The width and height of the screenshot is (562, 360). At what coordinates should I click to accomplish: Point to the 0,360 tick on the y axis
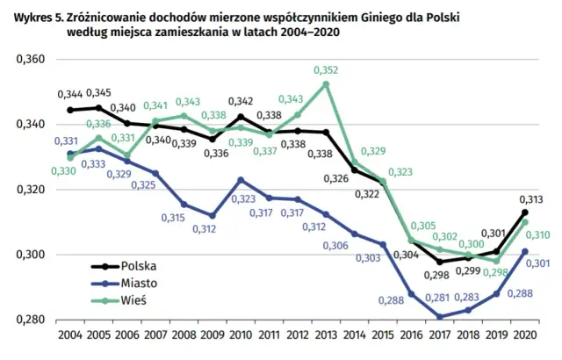30,60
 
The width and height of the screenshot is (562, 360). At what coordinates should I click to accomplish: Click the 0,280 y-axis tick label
30,320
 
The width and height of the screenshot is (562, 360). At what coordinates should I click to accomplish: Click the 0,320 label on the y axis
30,190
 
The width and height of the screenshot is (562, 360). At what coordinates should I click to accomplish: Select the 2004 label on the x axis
69,335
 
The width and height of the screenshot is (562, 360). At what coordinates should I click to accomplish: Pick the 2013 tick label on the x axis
326,335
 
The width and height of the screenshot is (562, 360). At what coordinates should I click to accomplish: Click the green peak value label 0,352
326,70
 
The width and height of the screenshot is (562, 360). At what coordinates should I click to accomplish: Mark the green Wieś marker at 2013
326,84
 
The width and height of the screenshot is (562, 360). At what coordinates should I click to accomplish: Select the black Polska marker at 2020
524,212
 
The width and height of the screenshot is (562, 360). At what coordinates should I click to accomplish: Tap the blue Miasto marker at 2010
241,180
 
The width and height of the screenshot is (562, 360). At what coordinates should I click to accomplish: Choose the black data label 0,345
98,92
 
